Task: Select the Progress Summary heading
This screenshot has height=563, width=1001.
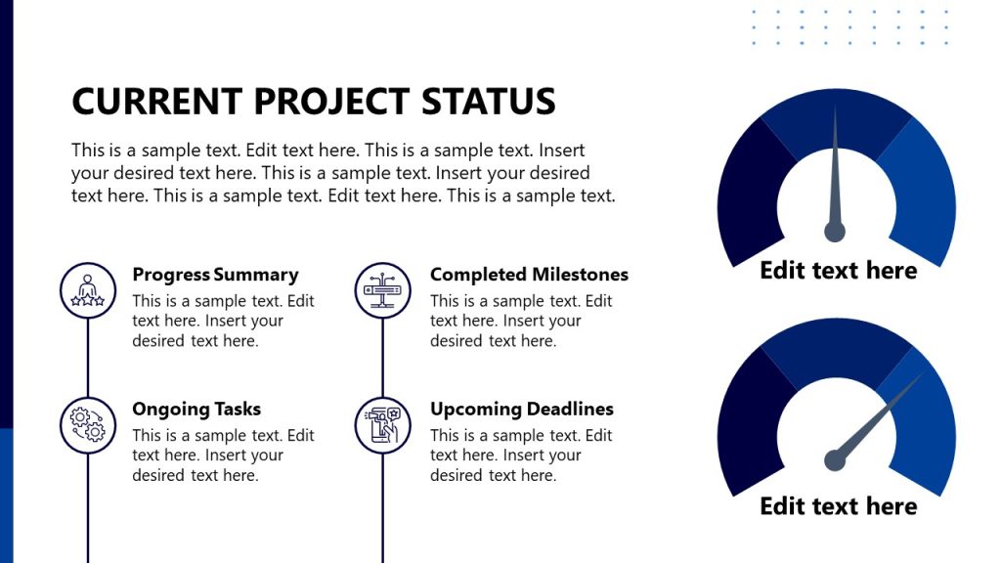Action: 215,275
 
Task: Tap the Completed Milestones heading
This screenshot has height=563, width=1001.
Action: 529,275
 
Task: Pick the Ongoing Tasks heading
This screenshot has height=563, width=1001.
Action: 196,409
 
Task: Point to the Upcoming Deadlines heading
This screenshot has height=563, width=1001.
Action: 522,409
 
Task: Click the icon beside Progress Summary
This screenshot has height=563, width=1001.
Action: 88,290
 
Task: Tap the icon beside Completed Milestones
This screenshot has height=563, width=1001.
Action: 382,290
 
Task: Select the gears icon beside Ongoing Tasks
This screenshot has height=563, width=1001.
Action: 88,425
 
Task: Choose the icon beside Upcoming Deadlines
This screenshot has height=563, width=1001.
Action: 382,425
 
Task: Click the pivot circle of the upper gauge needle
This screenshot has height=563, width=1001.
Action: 835,232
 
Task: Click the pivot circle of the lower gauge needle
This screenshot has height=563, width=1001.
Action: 835,459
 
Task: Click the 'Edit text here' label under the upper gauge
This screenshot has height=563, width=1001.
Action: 838,271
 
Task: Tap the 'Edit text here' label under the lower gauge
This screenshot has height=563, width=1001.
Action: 838,506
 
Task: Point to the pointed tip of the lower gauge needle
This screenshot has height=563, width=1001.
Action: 922,374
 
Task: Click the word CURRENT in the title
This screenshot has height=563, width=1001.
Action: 156,102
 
